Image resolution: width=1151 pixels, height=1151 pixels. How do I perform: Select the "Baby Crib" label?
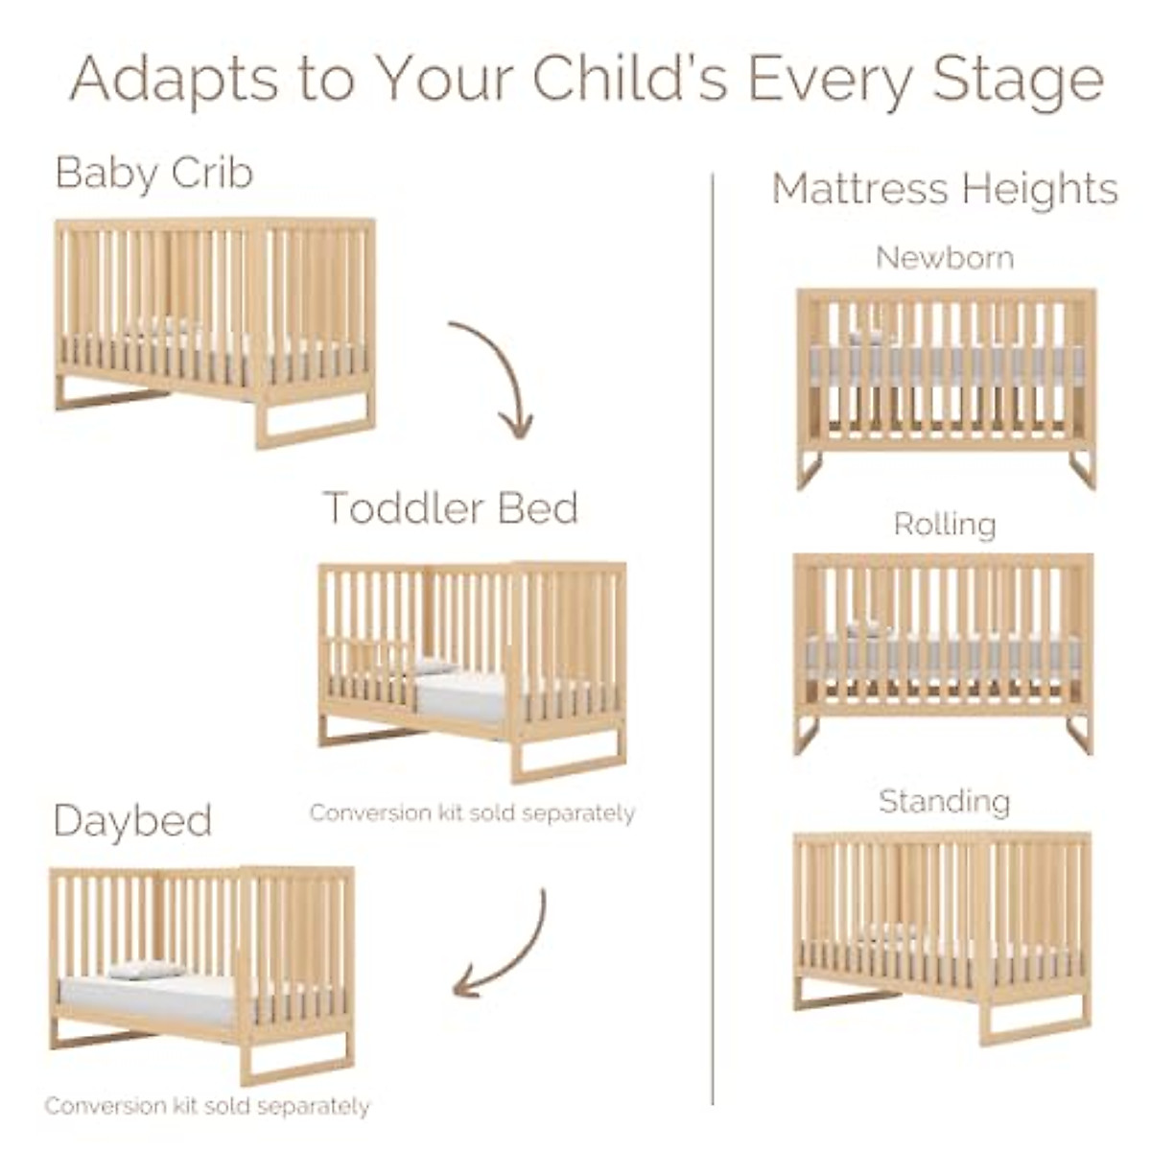pos(154,173)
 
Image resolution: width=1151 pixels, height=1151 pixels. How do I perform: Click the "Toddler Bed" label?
pos(450,507)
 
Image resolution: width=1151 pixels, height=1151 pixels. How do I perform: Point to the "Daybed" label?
pos(132,821)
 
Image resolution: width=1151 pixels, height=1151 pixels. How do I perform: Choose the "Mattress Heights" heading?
pos(945,188)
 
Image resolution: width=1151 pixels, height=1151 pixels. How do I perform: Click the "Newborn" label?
pos(945,257)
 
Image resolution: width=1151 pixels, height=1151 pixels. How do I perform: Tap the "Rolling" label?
pos(945,524)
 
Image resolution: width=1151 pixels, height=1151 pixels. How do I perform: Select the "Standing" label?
pos(945,801)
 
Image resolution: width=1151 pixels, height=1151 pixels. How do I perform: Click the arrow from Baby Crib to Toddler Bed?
pos(499,374)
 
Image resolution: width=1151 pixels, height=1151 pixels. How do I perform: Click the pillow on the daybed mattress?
pos(144,971)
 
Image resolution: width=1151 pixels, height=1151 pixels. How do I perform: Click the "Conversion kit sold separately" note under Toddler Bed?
pos(472,813)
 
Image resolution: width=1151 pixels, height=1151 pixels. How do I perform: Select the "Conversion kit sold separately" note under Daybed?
pos(207,1106)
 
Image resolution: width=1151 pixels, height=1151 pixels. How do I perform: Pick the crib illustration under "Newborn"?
pos(946,384)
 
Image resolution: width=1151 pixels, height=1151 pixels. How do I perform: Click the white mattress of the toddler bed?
pos(460,695)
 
